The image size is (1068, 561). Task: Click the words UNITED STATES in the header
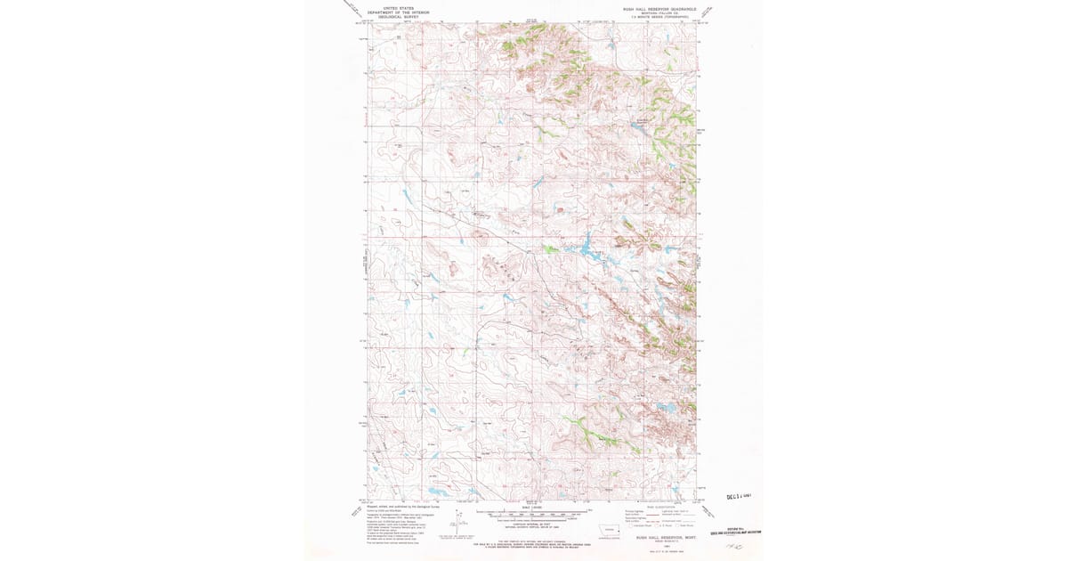[x=399, y=8]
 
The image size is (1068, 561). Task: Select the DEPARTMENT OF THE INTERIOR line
[x=399, y=12]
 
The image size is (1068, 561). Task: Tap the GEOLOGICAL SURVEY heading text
[x=399, y=17]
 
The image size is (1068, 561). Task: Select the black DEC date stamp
[x=740, y=497]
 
